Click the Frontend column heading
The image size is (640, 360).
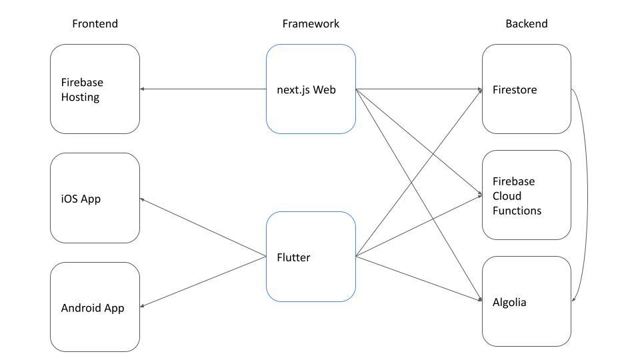[x=95, y=24]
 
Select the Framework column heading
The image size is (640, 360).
[x=310, y=24]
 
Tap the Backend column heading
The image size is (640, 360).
[x=526, y=24]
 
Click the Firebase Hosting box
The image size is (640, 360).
[x=95, y=89]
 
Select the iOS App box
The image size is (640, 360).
[x=95, y=198]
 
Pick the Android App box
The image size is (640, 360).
[x=95, y=307]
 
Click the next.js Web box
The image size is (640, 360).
[x=311, y=89]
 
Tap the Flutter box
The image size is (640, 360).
[x=311, y=257]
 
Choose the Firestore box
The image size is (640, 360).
[x=526, y=89]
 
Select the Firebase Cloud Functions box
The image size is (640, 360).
[x=526, y=195]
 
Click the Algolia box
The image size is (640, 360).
[x=526, y=301]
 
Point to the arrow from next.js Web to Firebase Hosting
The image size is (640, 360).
[x=203, y=89]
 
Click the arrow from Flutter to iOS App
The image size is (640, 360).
[x=203, y=227]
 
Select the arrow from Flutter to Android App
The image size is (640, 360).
[x=203, y=281]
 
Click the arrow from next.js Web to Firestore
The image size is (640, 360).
[x=419, y=89]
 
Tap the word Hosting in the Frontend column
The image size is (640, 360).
[x=80, y=97]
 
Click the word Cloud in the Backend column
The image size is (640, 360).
[x=507, y=196]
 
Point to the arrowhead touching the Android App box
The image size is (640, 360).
[x=143, y=306]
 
